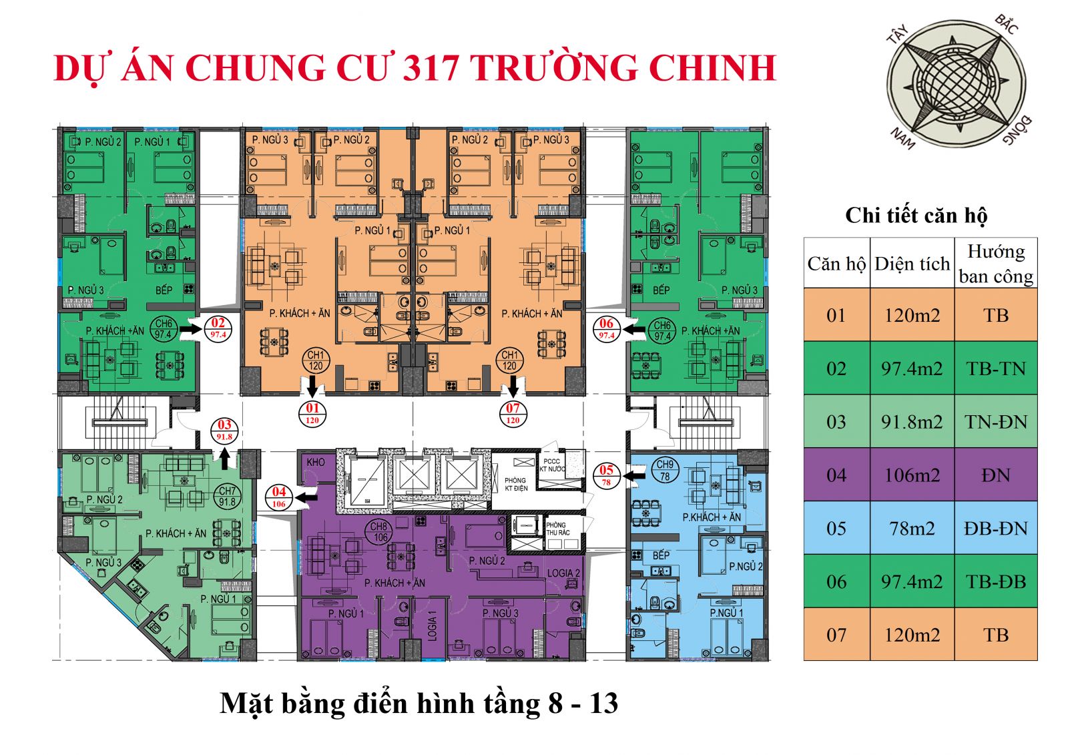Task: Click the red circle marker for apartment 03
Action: pyautogui.click(x=224, y=430)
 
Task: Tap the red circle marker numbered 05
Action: pyautogui.click(x=606, y=475)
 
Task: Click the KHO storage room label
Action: pyautogui.click(x=316, y=462)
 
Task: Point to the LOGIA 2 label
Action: pyautogui.click(x=563, y=573)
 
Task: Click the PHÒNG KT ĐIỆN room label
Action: pyautogui.click(x=515, y=484)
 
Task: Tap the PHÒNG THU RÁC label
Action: pyautogui.click(x=557, y=529)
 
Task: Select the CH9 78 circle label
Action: pyautogui.click(x=665, y=470)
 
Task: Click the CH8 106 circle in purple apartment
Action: pyautogui.click(x=379, y=532)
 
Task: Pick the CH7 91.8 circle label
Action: pyautogui.click(x=227, y=496)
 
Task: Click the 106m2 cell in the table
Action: pyautogui.click(x=912, y=475)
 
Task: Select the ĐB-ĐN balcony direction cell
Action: pyautogui.click(x=995, y=528)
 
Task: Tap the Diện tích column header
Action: pyautogui.click(x=912, y=264)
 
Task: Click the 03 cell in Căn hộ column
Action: pyautogui.click(x=836, y=421)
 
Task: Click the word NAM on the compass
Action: pyautogui.click(x=902, y=138)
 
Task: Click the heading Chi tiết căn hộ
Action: pyautogui.click(x=916, y=215)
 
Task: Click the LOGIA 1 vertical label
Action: pyautogui.click(x=432, y=625)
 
